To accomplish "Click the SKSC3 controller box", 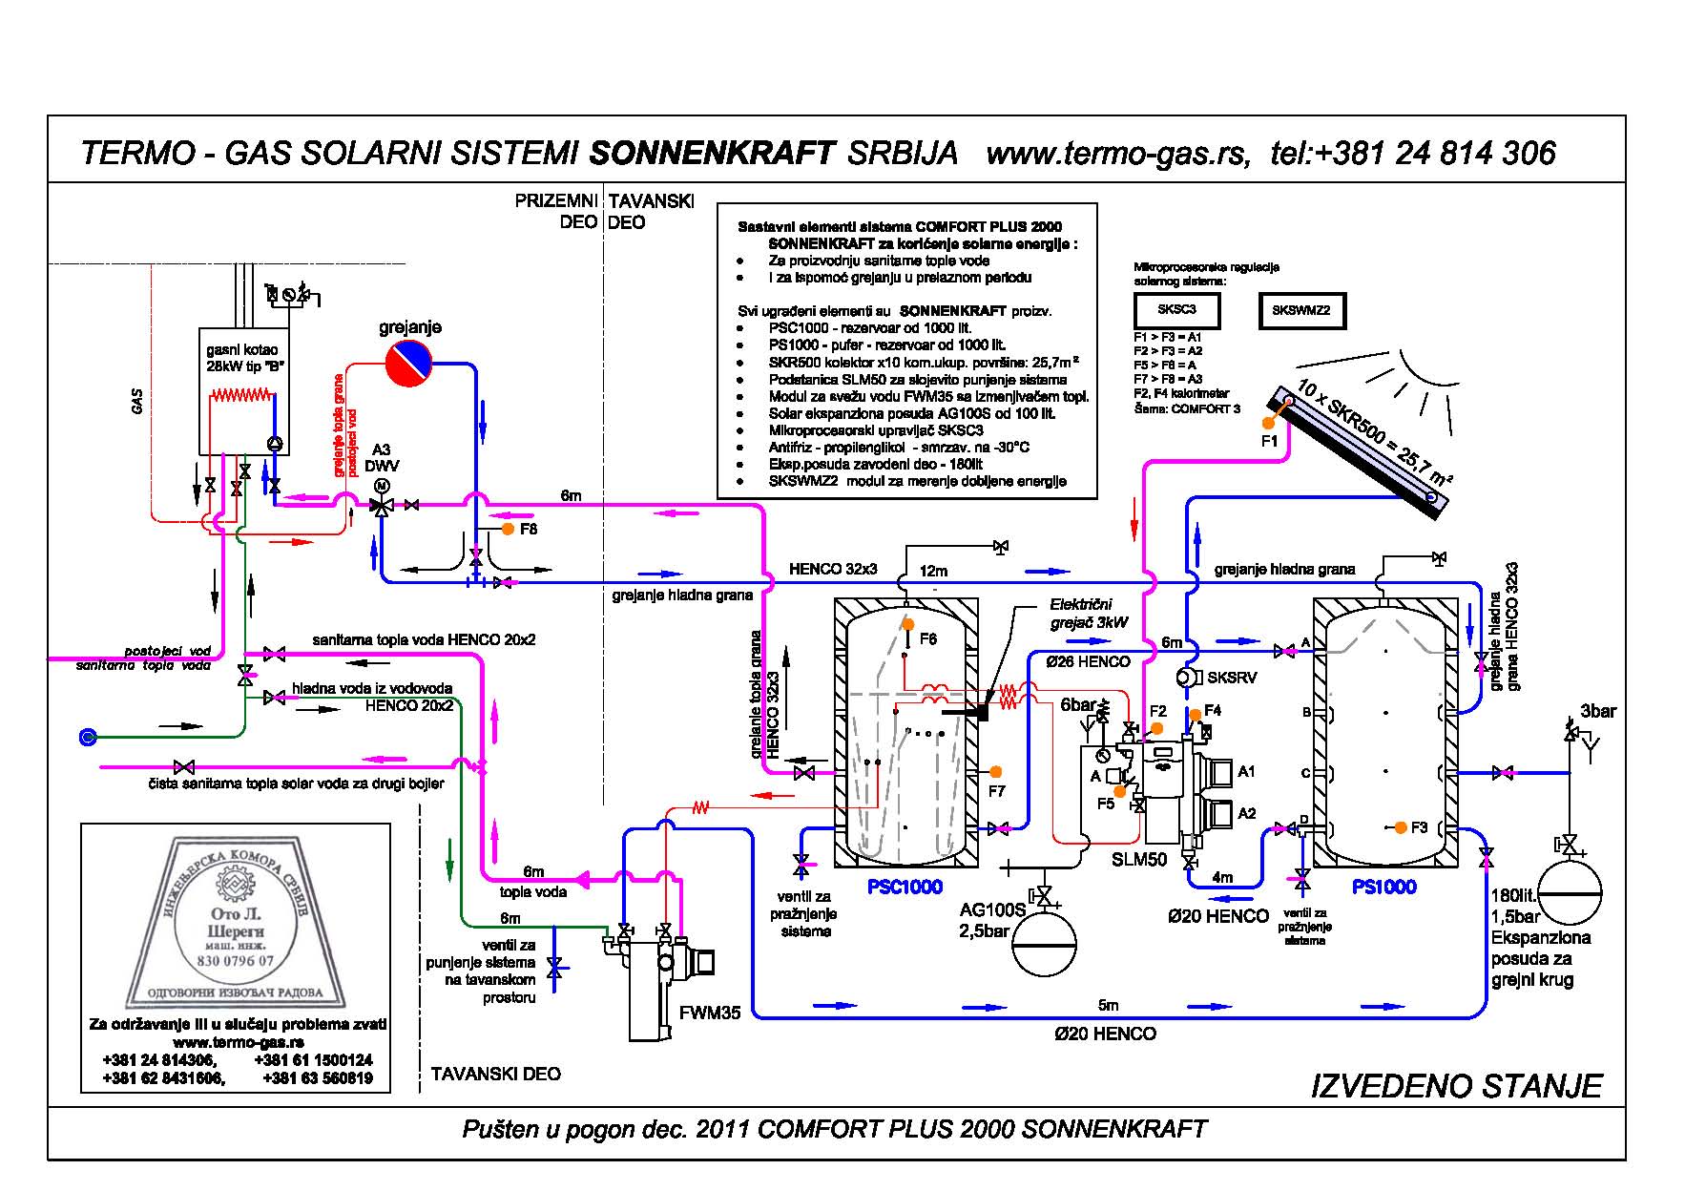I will tap(1175, 309).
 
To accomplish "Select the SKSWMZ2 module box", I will tap(1300, 309).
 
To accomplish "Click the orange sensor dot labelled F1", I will tap(1268, 423).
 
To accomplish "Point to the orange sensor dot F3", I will tap(1400, 827).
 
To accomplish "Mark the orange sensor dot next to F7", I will tap(995, 771).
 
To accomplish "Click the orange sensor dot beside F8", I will tap(508, 528).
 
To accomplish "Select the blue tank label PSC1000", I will tap(905, 887).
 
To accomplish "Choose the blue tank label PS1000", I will tap(1383, 887).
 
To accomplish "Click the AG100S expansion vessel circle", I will tap(1043, 945).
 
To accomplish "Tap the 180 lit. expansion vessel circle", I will tap(1569, 893).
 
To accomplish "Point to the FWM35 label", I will tap(710, 1013).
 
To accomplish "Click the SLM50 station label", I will tap(1139, 859).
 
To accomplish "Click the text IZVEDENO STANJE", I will tap(1456, 1086).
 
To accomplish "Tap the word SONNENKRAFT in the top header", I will tap(712, 153).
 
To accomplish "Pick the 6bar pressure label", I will tap(1078, 704).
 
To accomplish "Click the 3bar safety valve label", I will tap(1598, 711).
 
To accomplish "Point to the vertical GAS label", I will tap(137, 401).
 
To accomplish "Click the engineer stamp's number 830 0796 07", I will tap(235, 961).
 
